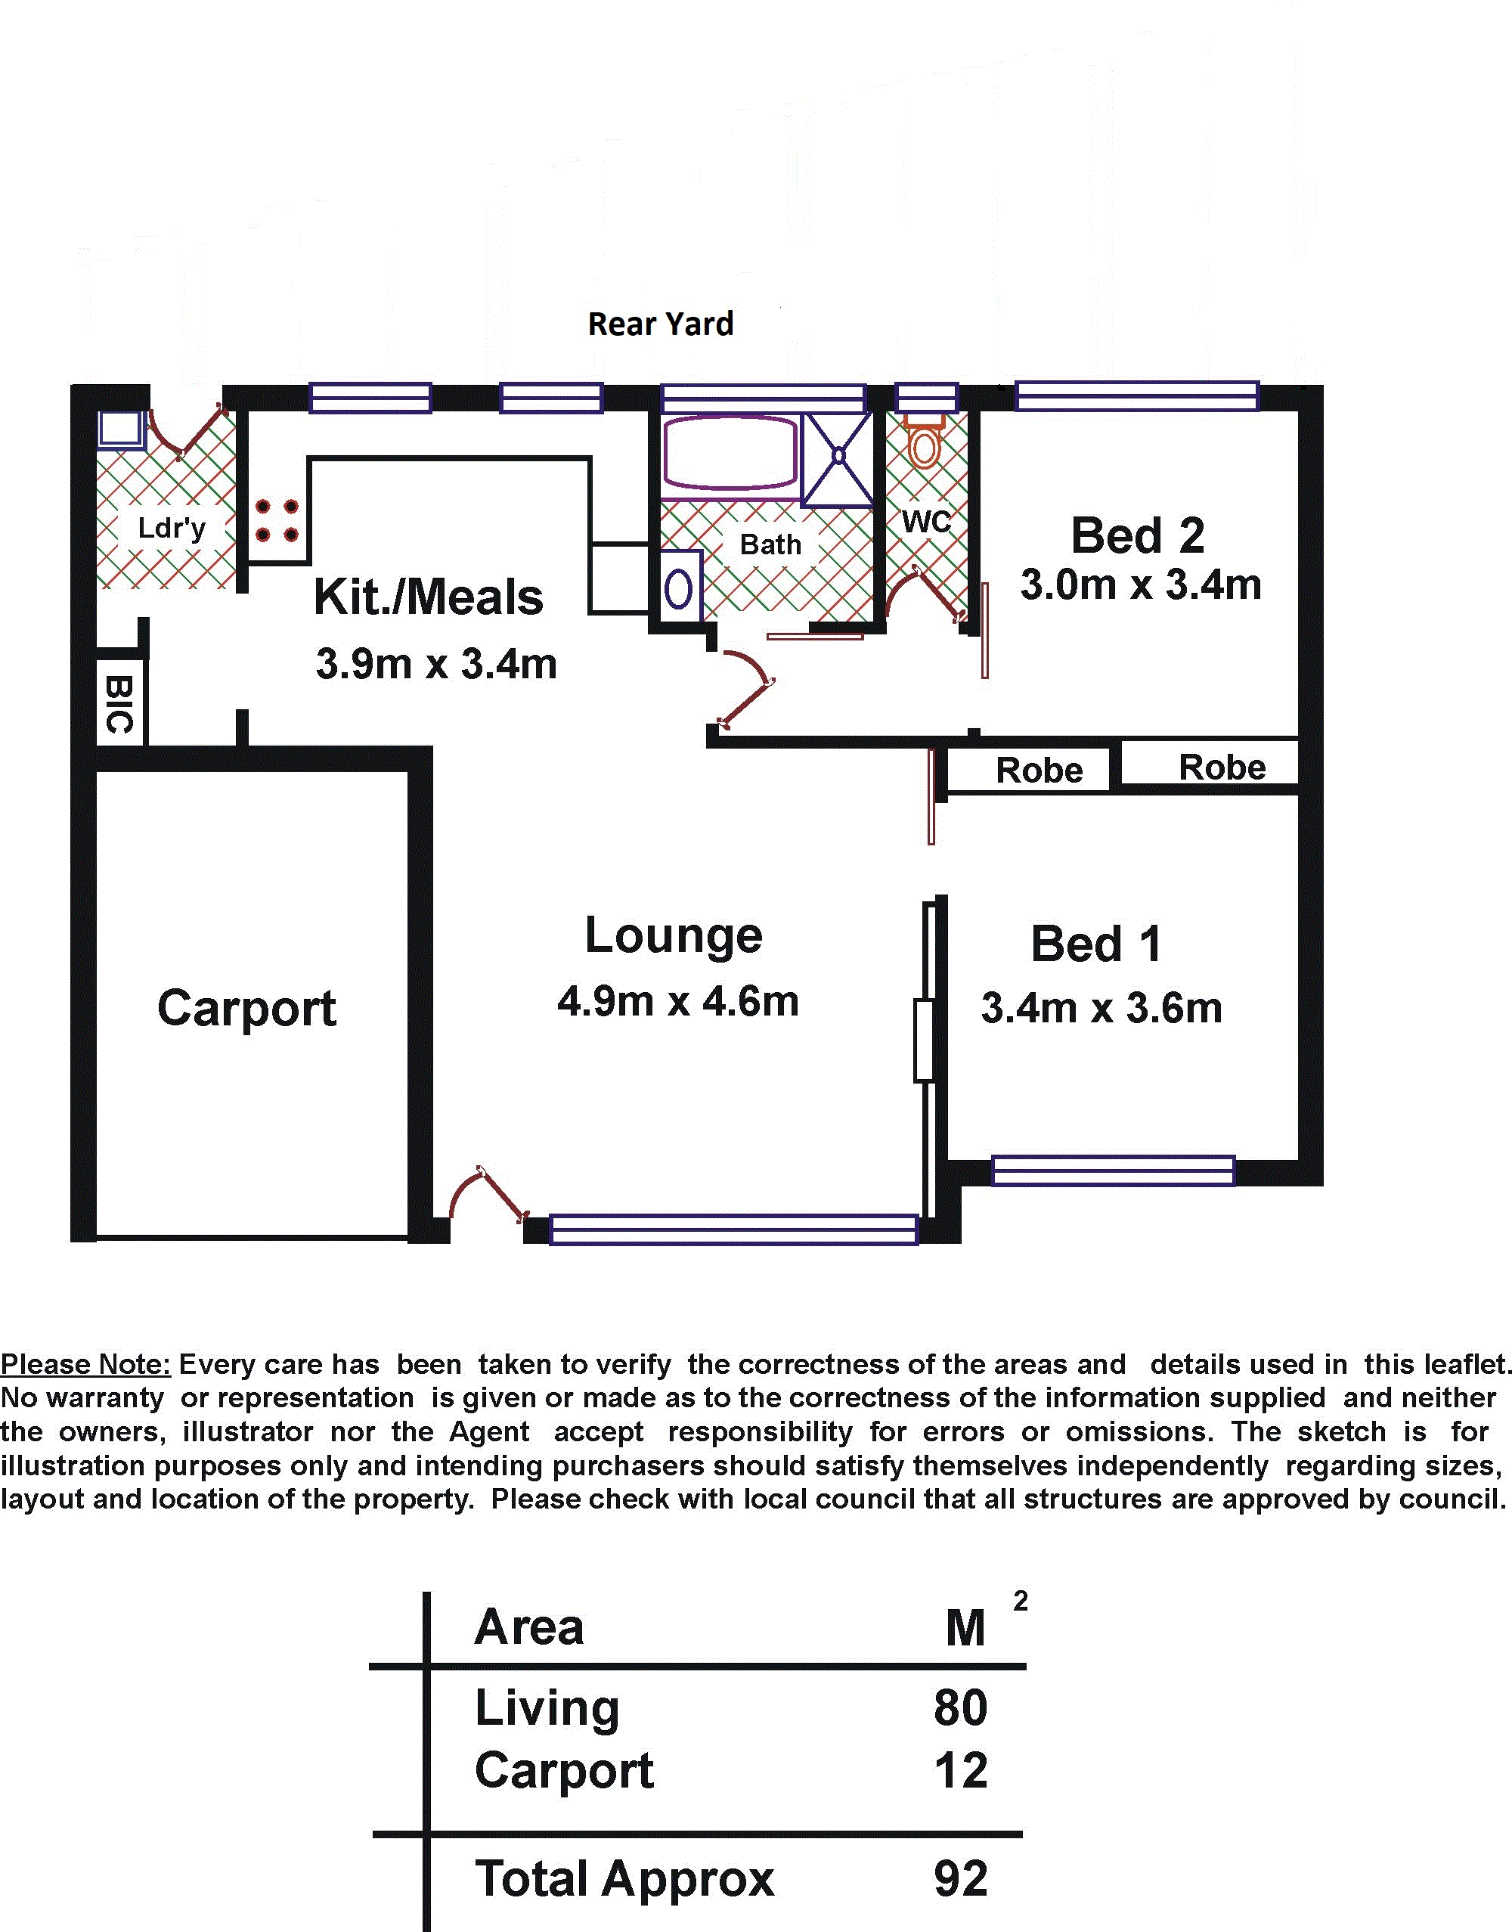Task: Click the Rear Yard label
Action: pyautogui.click(x=661, y=324)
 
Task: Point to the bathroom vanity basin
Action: pyautogui.click(x=679, y=587)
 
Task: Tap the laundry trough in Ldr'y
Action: pyautogui.click(x=120, y=430)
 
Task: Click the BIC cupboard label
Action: pyautogui.click(x=119, y=704)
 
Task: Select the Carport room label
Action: pyautogui.click(x=247, y=1009)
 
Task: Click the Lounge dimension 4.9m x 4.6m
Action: pyautogui.click(x=678, y=1001)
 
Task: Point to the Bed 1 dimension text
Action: pyautogui.click(x=1101, y=1009)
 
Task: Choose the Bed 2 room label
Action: pyautogui.click(x=1138, y=535)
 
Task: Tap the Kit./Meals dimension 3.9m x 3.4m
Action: pyautogui.click(x=436, y=664)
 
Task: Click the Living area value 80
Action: pyautogui.click(x=960, y=1708)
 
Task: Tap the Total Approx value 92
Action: pyautogui.click(x=960, y=1879)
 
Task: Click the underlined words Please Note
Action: pyautogui.click(x=85, y=1364)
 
